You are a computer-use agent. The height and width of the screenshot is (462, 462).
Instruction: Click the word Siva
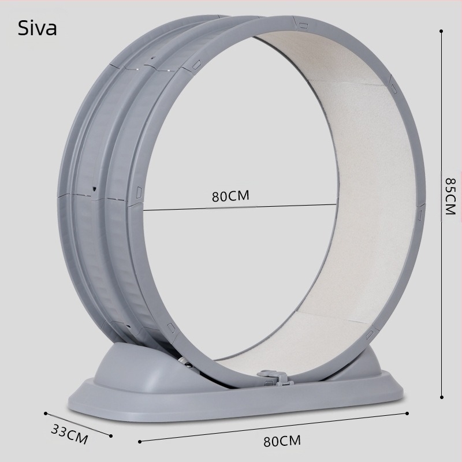[37, 28]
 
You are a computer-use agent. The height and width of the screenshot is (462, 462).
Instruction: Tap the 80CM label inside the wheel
[230, 196]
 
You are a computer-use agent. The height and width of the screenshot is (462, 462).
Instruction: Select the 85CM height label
[450, 196]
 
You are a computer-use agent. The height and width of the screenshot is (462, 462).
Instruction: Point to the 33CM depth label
[69, 434]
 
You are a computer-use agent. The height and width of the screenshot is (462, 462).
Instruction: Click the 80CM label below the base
[282, 441]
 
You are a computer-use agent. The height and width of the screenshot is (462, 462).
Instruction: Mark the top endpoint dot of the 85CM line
[441, 31]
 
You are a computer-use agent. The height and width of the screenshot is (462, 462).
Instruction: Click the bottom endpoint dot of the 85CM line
[442, 397]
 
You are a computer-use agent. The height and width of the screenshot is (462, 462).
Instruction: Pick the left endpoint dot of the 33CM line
[46, 413]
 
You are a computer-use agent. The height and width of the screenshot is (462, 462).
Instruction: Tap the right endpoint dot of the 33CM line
[111, 436]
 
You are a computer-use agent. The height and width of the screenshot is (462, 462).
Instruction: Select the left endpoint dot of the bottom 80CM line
[140, 441]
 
